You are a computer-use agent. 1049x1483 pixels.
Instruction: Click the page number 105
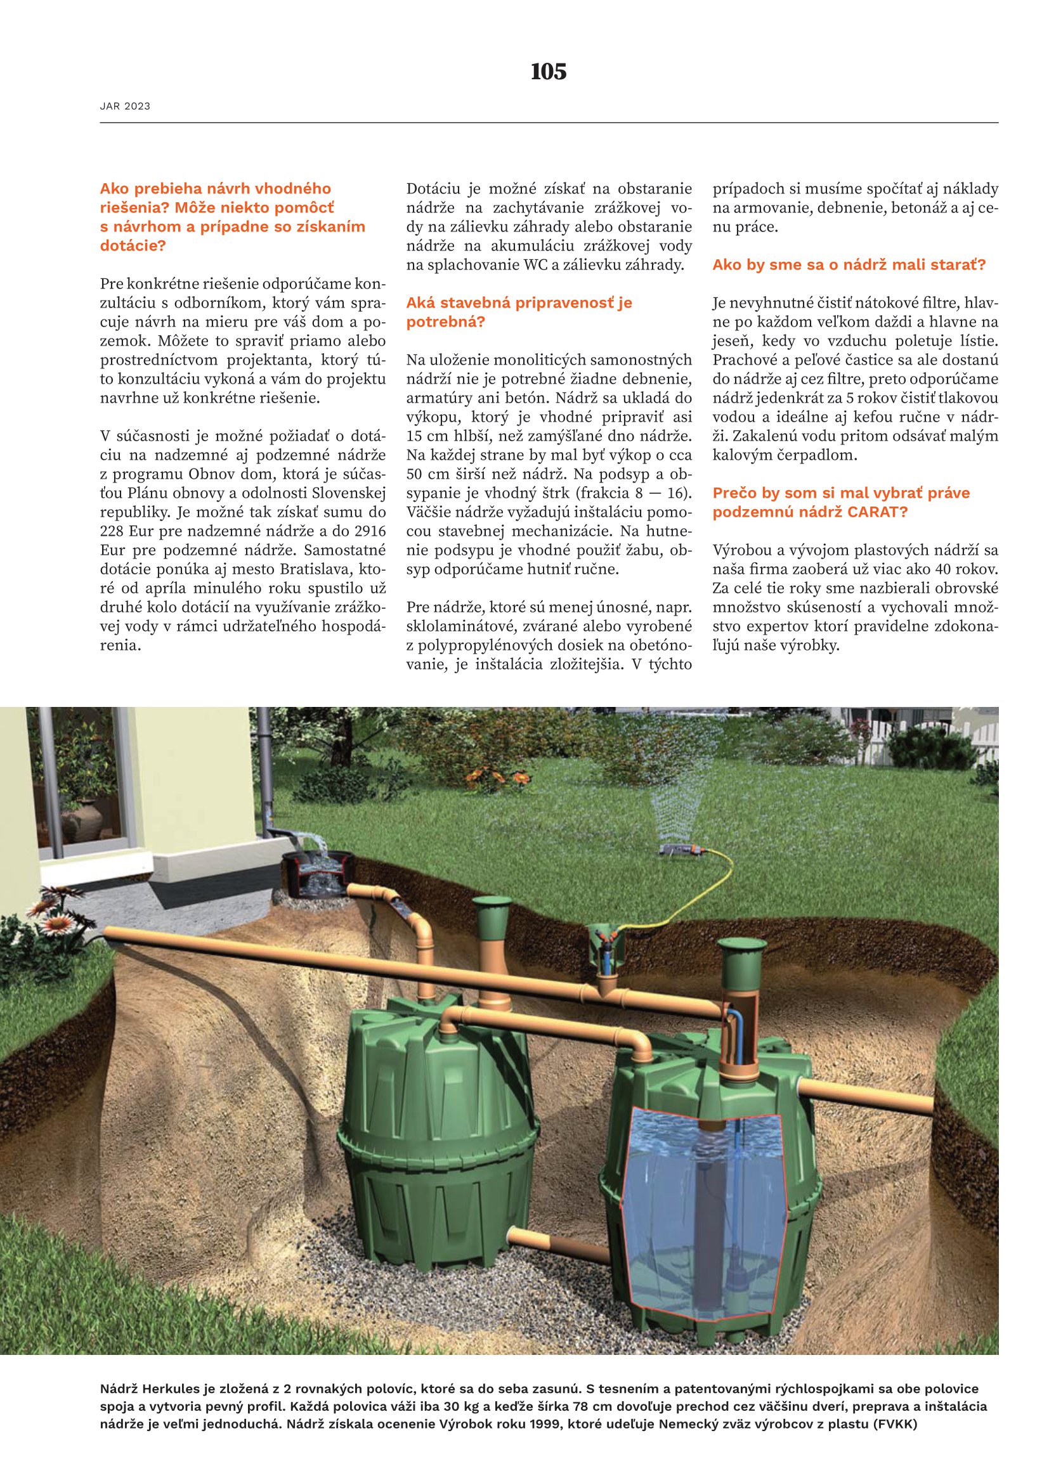(548, 72)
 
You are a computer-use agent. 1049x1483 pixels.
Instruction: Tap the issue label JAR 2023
(125, 107)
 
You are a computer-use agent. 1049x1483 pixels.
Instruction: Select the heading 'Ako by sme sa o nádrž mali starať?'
(849, 265)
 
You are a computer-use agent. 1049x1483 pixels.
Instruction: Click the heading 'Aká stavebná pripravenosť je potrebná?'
(519, 312)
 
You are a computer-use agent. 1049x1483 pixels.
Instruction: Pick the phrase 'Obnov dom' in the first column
(221, 474)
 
